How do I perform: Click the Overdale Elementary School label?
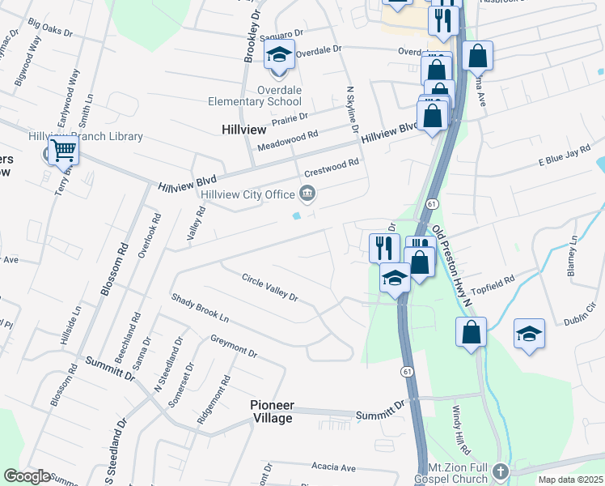[x=255, y=96]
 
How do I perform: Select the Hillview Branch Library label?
[x=85, y=137]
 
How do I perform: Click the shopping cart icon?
[x=63, y=150]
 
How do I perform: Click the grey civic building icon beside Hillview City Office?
[x=307, y=194]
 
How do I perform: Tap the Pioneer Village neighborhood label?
[x=271, y=411]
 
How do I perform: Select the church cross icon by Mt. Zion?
[x=501, y=471]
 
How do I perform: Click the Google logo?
[x=27, y=476]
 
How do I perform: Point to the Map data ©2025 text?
[x=569, y=480]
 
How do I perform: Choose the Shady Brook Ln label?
[x=200, y=309]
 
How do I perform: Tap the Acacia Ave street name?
[x=333, y=467]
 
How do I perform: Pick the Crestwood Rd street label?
[x=331, y=168]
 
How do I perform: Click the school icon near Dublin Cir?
[x=529, y=333]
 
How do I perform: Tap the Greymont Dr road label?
[x=233, y=347]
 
